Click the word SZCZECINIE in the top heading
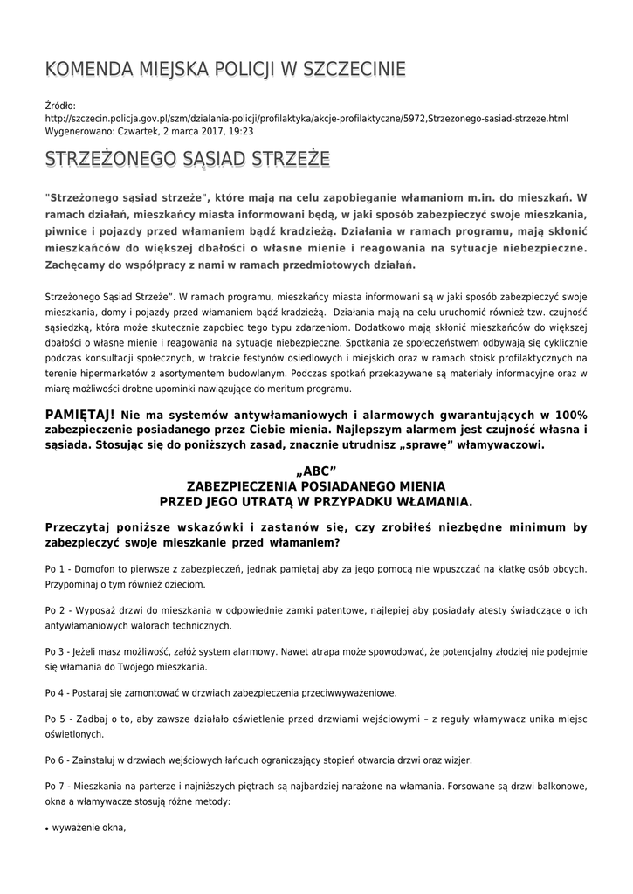353,70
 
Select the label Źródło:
60,105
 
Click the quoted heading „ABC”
316,471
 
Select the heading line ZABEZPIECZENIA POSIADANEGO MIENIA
316,486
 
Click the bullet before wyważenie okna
47,828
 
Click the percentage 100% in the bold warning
569,414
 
